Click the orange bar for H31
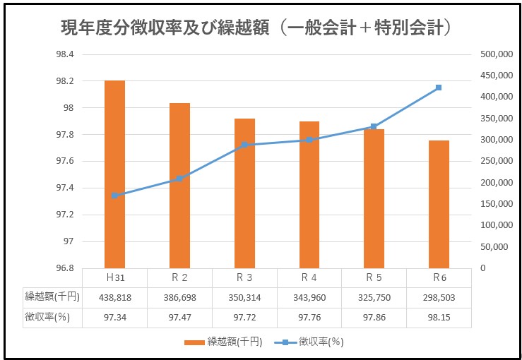click(114, 174)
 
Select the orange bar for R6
click(438, 204)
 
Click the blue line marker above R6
click(439, 88)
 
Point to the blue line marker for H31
click(114, 196)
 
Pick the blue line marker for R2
click(179, 179)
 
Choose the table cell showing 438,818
click(114, 297)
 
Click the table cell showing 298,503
click(438, 297)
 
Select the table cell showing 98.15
click(438, 318)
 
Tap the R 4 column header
click(309, 277)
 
